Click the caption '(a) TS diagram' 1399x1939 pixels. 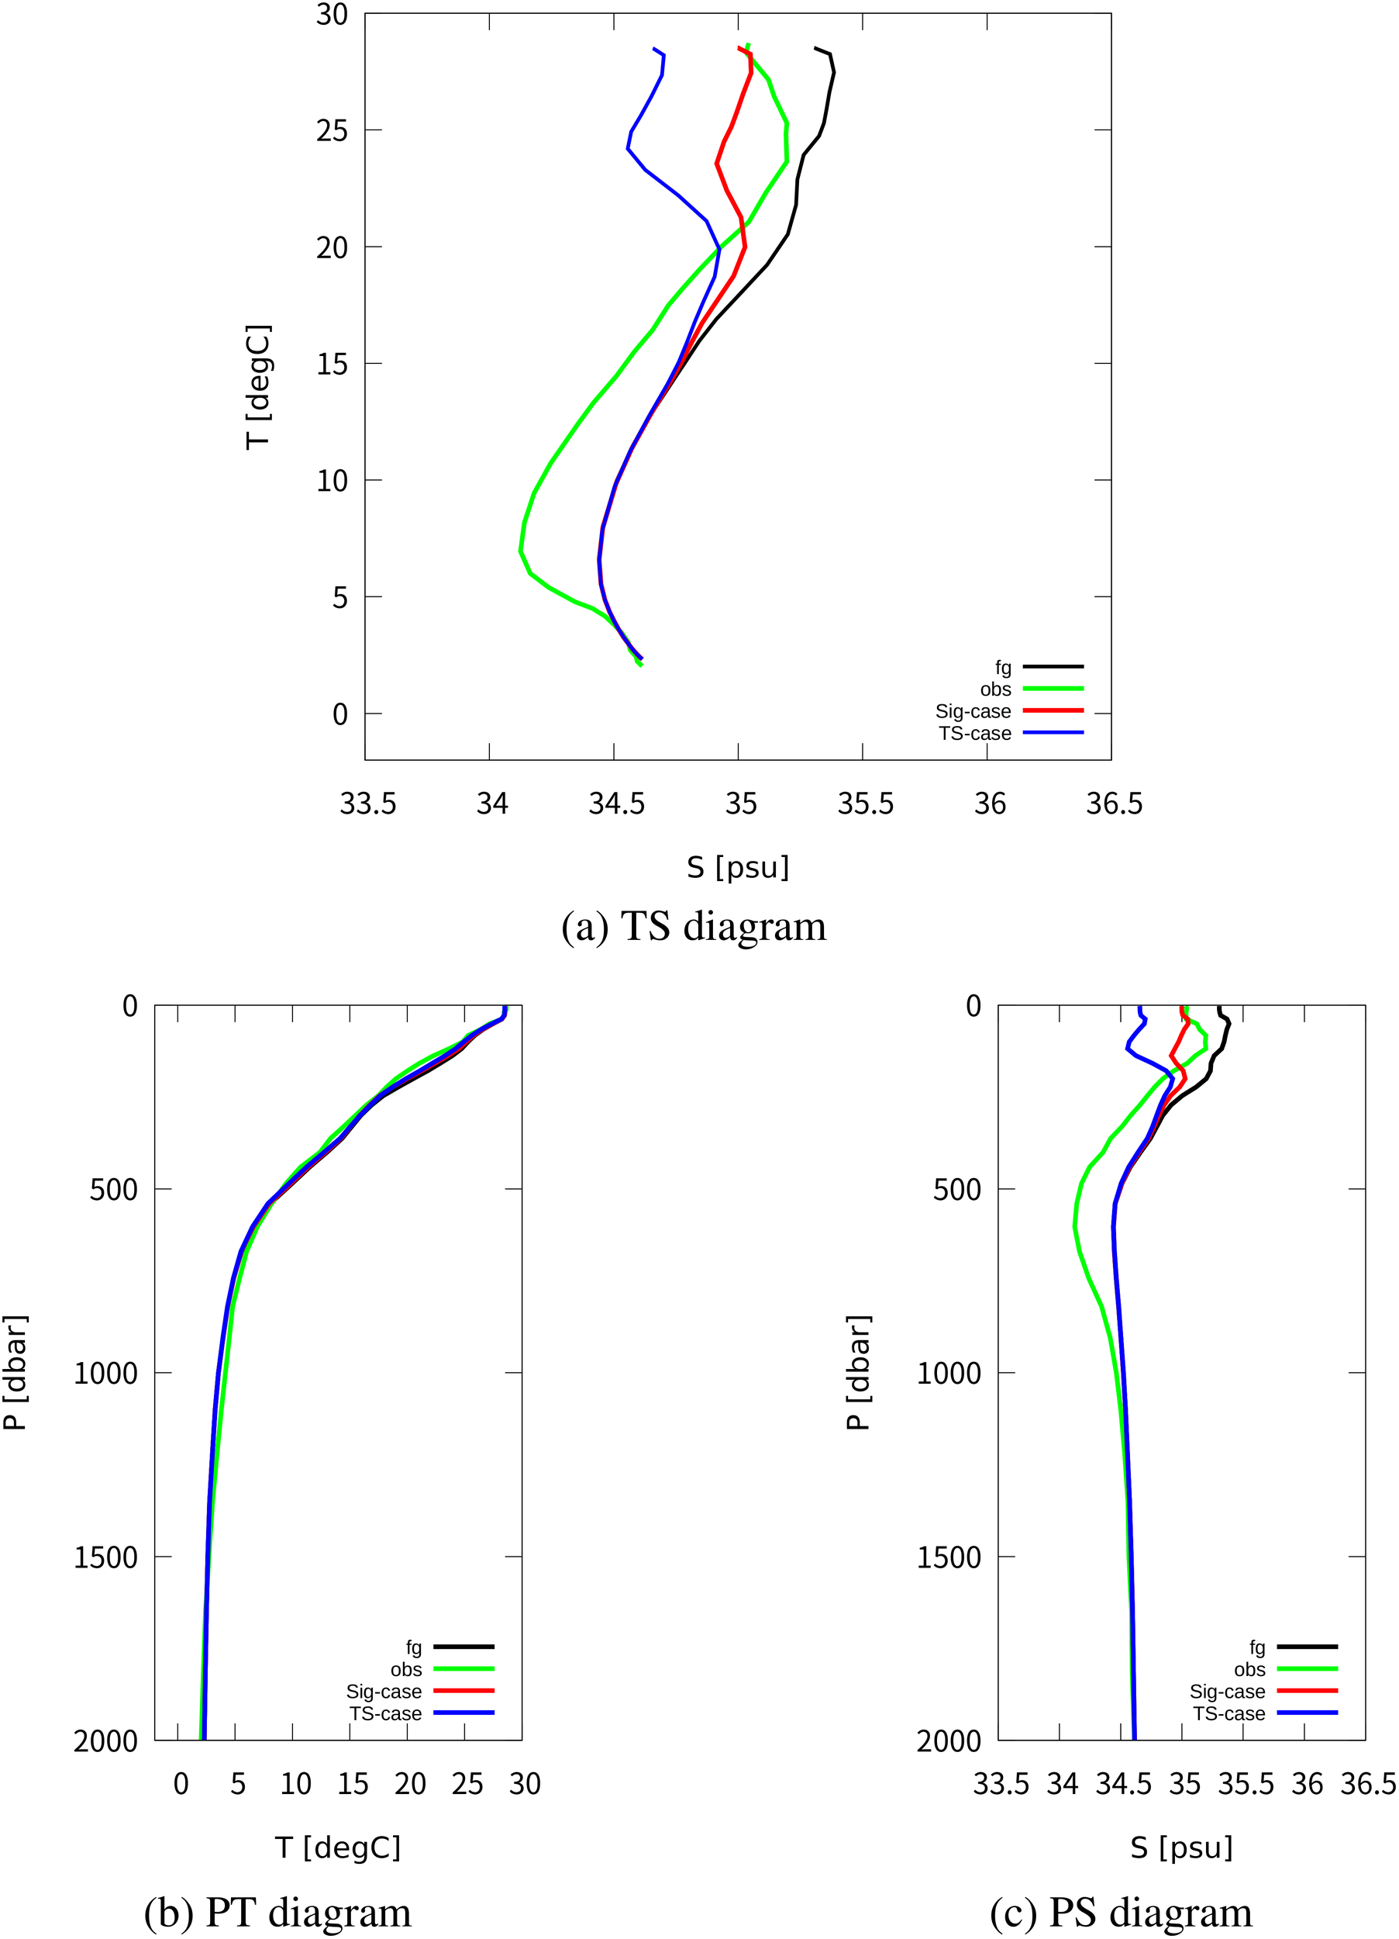[x=693, y=927]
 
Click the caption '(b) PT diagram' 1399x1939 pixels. [x=277, y=1912]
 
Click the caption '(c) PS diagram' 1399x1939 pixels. [x=1121, y=1912]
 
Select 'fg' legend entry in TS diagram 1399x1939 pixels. [x=1002, y=667]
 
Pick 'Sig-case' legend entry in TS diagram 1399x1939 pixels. [x=973, y=711]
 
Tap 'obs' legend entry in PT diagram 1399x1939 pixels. [x=406, y=1669]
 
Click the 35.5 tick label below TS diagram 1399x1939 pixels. [x=865, y=804]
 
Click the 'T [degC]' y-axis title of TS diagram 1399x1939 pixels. [x=257, y=386]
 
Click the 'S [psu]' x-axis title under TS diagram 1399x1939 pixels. [x=738, y=868]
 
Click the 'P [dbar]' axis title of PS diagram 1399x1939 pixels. [x=857, y=1373]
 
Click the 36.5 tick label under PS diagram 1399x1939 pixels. [x=1367, y=1784]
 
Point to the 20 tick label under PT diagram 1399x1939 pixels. [x=410, y=1784]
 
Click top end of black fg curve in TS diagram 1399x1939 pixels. [x=816, y=48]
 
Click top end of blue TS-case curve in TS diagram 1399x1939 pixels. [x=654, y=49]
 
